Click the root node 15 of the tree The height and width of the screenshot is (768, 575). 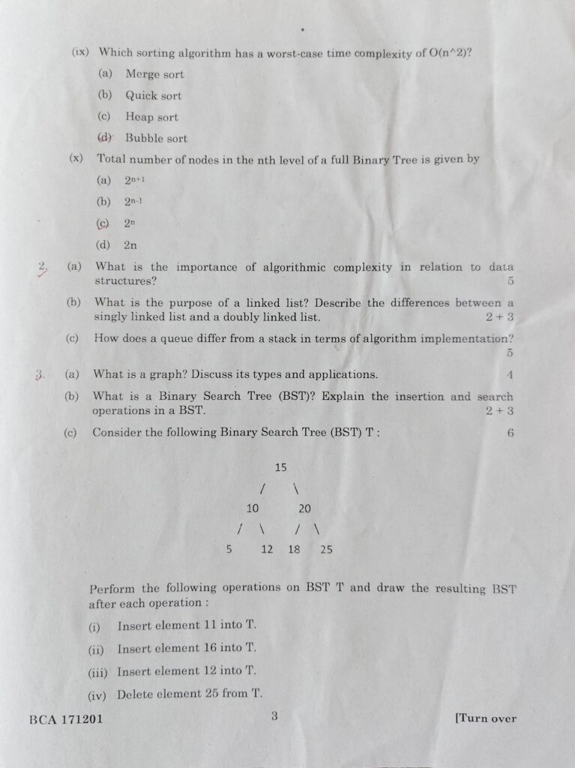click(x=280, y=467)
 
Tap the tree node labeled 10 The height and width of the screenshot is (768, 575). click(x=253, y=508)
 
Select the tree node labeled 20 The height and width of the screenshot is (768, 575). click(x=304, y=508)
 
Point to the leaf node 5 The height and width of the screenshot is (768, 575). click(x=229, y=549)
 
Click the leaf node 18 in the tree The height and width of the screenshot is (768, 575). click(x=294, y=549)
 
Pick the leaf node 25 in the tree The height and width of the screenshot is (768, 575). click(x=326, y=549)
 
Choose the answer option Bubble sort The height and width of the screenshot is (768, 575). click(x=156, y=138)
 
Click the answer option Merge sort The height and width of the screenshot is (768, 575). click(x=154, y=74)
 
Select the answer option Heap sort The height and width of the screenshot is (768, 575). click(x=151, y=117)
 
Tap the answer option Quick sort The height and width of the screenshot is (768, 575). click(x=153, y=95)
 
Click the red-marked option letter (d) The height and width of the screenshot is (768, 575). click(x=105, y=137)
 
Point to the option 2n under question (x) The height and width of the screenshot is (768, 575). click(x=130, y=244)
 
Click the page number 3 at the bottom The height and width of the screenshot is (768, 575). click(x=274, y=716)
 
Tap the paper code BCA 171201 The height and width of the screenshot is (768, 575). click(x=66, y=718)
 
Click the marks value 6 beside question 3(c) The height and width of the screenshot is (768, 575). click(x=511, y=433)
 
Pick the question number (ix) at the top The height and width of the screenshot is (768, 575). click(x=80, y=52)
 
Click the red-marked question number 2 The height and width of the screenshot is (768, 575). click(x=43, y=266)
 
